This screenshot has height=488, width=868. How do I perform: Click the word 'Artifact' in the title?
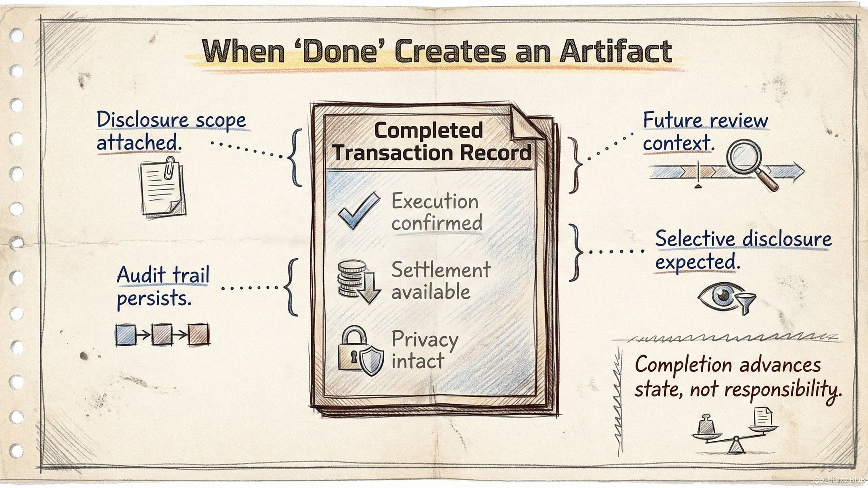(616, 51)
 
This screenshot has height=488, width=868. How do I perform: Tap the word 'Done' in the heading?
(339, 51)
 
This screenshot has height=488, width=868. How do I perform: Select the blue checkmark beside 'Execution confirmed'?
(359, 211)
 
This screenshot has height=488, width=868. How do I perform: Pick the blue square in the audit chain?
(125, 335)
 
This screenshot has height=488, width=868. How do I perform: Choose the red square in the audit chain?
(198, 335)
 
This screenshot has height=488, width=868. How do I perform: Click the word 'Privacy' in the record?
(425, 340)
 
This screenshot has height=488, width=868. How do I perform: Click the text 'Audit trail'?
(163, 275)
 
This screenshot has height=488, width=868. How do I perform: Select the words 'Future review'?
(706, 120)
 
